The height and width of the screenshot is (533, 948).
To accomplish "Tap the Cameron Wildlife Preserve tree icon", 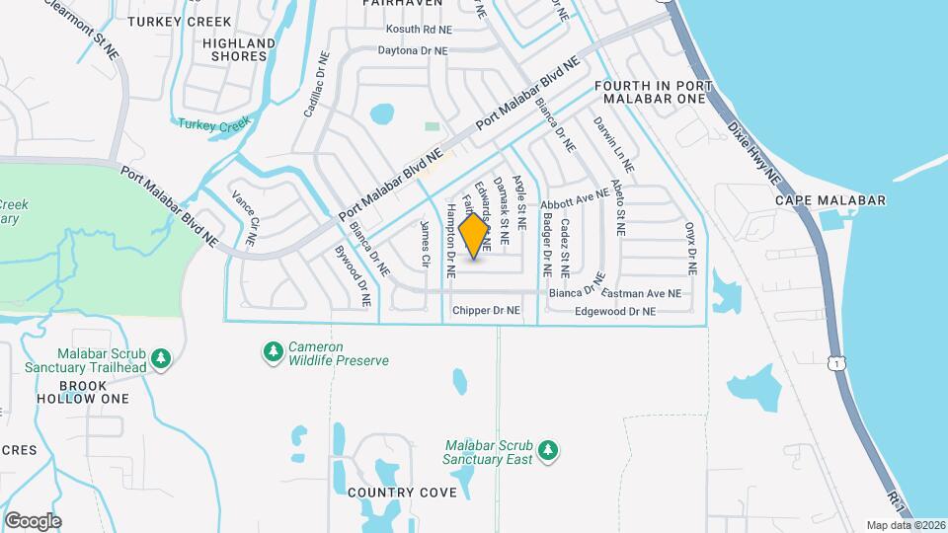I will [x=273, y=350].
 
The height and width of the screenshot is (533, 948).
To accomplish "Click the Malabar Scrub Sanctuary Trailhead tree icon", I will [x=162, y=357].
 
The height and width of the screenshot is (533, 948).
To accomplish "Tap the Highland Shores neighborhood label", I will [x=237, y=49].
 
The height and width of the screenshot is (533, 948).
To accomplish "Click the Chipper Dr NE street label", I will [x=486, y=311].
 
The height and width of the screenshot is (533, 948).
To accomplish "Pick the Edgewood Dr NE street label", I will [x=615, y=311].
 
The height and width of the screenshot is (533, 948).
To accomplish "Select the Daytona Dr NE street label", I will [x=413, y=50].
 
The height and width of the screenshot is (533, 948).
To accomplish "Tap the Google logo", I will [x=33, y=520].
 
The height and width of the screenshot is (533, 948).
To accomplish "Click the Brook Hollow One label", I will [x=82, y=392].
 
